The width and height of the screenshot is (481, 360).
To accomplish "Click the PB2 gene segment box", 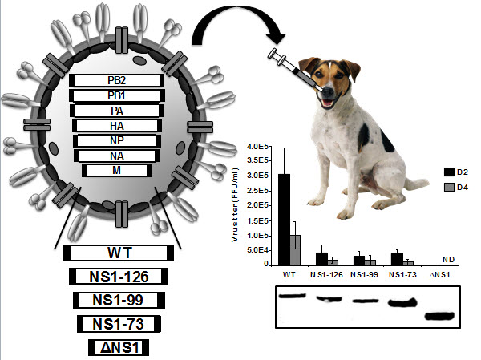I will pyautogui.click(x=117, y=80).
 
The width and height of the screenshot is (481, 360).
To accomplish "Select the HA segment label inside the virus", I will pyautogui.click(x=117, y=126).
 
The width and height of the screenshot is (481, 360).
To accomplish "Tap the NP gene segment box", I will pyautogui.click(x=117, y=140).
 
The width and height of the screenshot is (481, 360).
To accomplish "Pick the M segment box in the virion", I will pyautogui.click(x=117, y=170).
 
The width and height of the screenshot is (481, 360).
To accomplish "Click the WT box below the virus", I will pyautogui.click(x=119, y=253).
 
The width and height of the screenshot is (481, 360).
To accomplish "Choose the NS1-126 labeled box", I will pyautogui.click(x=119, y=277).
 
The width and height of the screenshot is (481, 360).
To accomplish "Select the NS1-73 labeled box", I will pyautogui.click(x=119, y=324).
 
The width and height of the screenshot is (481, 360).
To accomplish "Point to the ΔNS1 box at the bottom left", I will pyautogui.click(x=119, y=347).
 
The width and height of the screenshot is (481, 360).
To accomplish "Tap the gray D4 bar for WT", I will pyautogui.click(x=295, y=249).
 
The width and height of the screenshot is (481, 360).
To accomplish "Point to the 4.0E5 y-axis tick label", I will pyautogui.click(x=263, y=146).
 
